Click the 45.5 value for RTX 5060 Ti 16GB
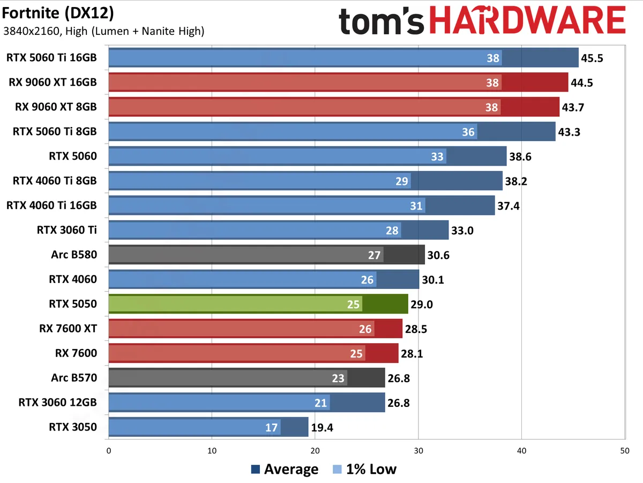coord(592,58)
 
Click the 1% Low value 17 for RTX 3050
coord(272,427)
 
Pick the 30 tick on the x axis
coord(418,451)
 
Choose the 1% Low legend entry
coord(364,470)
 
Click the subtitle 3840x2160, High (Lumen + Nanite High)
coord(103,32)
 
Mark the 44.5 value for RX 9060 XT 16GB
coord(581,83)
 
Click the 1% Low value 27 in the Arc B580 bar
coord(374,255)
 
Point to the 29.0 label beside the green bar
coord(421,304)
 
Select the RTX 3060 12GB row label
coord(57,402)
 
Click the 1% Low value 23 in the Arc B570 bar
coord(338,378)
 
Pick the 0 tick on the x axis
coord(109,451)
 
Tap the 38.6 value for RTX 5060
coord(520,157)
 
